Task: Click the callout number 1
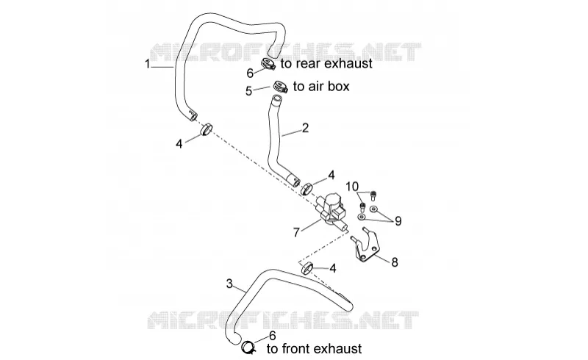[x=148, y=64]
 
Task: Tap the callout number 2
[x=305, y=128]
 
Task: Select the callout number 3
[x=230, y=284]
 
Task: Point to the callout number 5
[x=248, y=91]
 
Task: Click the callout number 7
[x=296, y=232]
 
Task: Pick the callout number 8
[x=395, y=262]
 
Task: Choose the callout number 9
[x=398, y=221]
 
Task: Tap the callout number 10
[x=352, y=187]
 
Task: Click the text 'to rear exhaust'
[x=326, y=64]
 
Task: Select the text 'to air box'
[x=321, y=86]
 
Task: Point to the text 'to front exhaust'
[x=315, y=349]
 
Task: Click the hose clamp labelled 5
[x=280, y=87]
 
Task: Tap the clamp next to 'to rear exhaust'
[x=268, y=64]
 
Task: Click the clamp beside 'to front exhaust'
[x=248, y=347]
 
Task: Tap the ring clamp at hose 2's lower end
[x=307, y=188]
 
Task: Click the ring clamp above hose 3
[x=307, y=268]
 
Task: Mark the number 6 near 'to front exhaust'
[x=272, y=336]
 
